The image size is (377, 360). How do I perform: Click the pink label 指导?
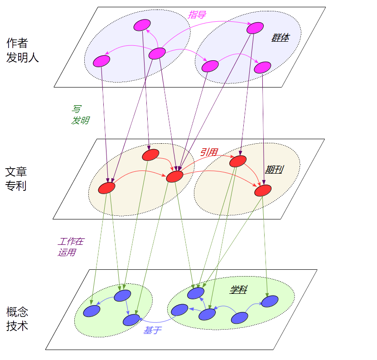click(x=197, y=15)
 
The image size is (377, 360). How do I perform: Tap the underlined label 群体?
click(x=280, y=38)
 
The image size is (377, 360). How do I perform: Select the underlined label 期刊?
click(x=274, y=170)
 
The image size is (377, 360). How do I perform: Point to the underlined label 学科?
click(x=238, y=289)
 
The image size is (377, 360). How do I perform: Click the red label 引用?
click(x=209, y=152)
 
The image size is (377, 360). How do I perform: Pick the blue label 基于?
click(x=152, y=331)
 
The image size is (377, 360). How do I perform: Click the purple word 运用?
click(x=66, y=253)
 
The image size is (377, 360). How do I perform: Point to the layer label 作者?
click(x=17, y=43)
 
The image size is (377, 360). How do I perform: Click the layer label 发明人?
click(x=23, y=58)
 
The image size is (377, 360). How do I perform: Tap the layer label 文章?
click(x=16, y=172)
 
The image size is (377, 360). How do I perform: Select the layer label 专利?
click(x=16, y=186)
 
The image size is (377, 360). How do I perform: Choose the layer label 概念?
click(x=17, y=312)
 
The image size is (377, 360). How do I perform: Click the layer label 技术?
click(x=17, y=326)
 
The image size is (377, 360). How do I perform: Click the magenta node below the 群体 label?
click(x=262, y=68)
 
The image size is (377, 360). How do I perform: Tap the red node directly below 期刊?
click(x=263, y=190)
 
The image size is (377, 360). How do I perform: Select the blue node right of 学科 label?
click(x=270, y=301)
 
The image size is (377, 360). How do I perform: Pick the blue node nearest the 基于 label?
click(x=131, y=320)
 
